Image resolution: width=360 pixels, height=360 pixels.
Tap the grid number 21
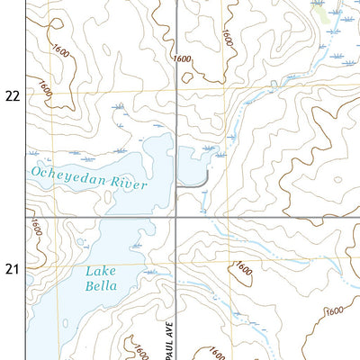tap(12, 268)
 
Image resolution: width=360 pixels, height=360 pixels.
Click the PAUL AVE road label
tap(166, 333)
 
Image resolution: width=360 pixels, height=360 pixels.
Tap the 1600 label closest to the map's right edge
tap(335, 310)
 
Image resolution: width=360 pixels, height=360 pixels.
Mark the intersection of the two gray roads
tap(176, 217)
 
